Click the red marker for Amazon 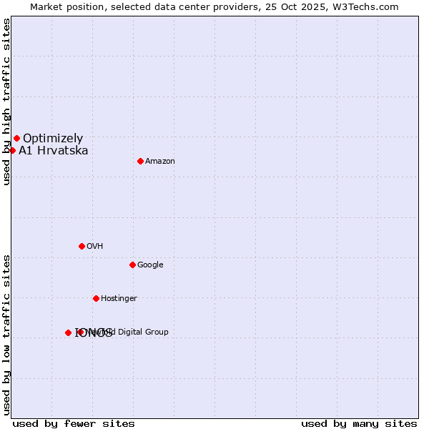[x=140, y=161]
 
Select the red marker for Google [x=132, y=265]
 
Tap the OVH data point [x=82, y=246]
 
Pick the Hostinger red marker [x=96, y=298]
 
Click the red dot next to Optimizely [x=16, y=138]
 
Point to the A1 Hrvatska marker [x=12, y=150]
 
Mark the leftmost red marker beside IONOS [x=68, y=332]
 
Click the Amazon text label [x=160, y=162]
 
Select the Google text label [x=150, y=265]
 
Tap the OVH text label [x=95, y=247]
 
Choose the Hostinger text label [x=119, y=299]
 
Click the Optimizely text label [x=53, y=139]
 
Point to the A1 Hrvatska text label [x=54, y=151]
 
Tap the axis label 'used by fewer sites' [x=74, y=423]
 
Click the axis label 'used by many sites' [x=359, y=423]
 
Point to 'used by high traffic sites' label [x=6, y=102]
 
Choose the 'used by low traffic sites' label [x=6, y=334]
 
